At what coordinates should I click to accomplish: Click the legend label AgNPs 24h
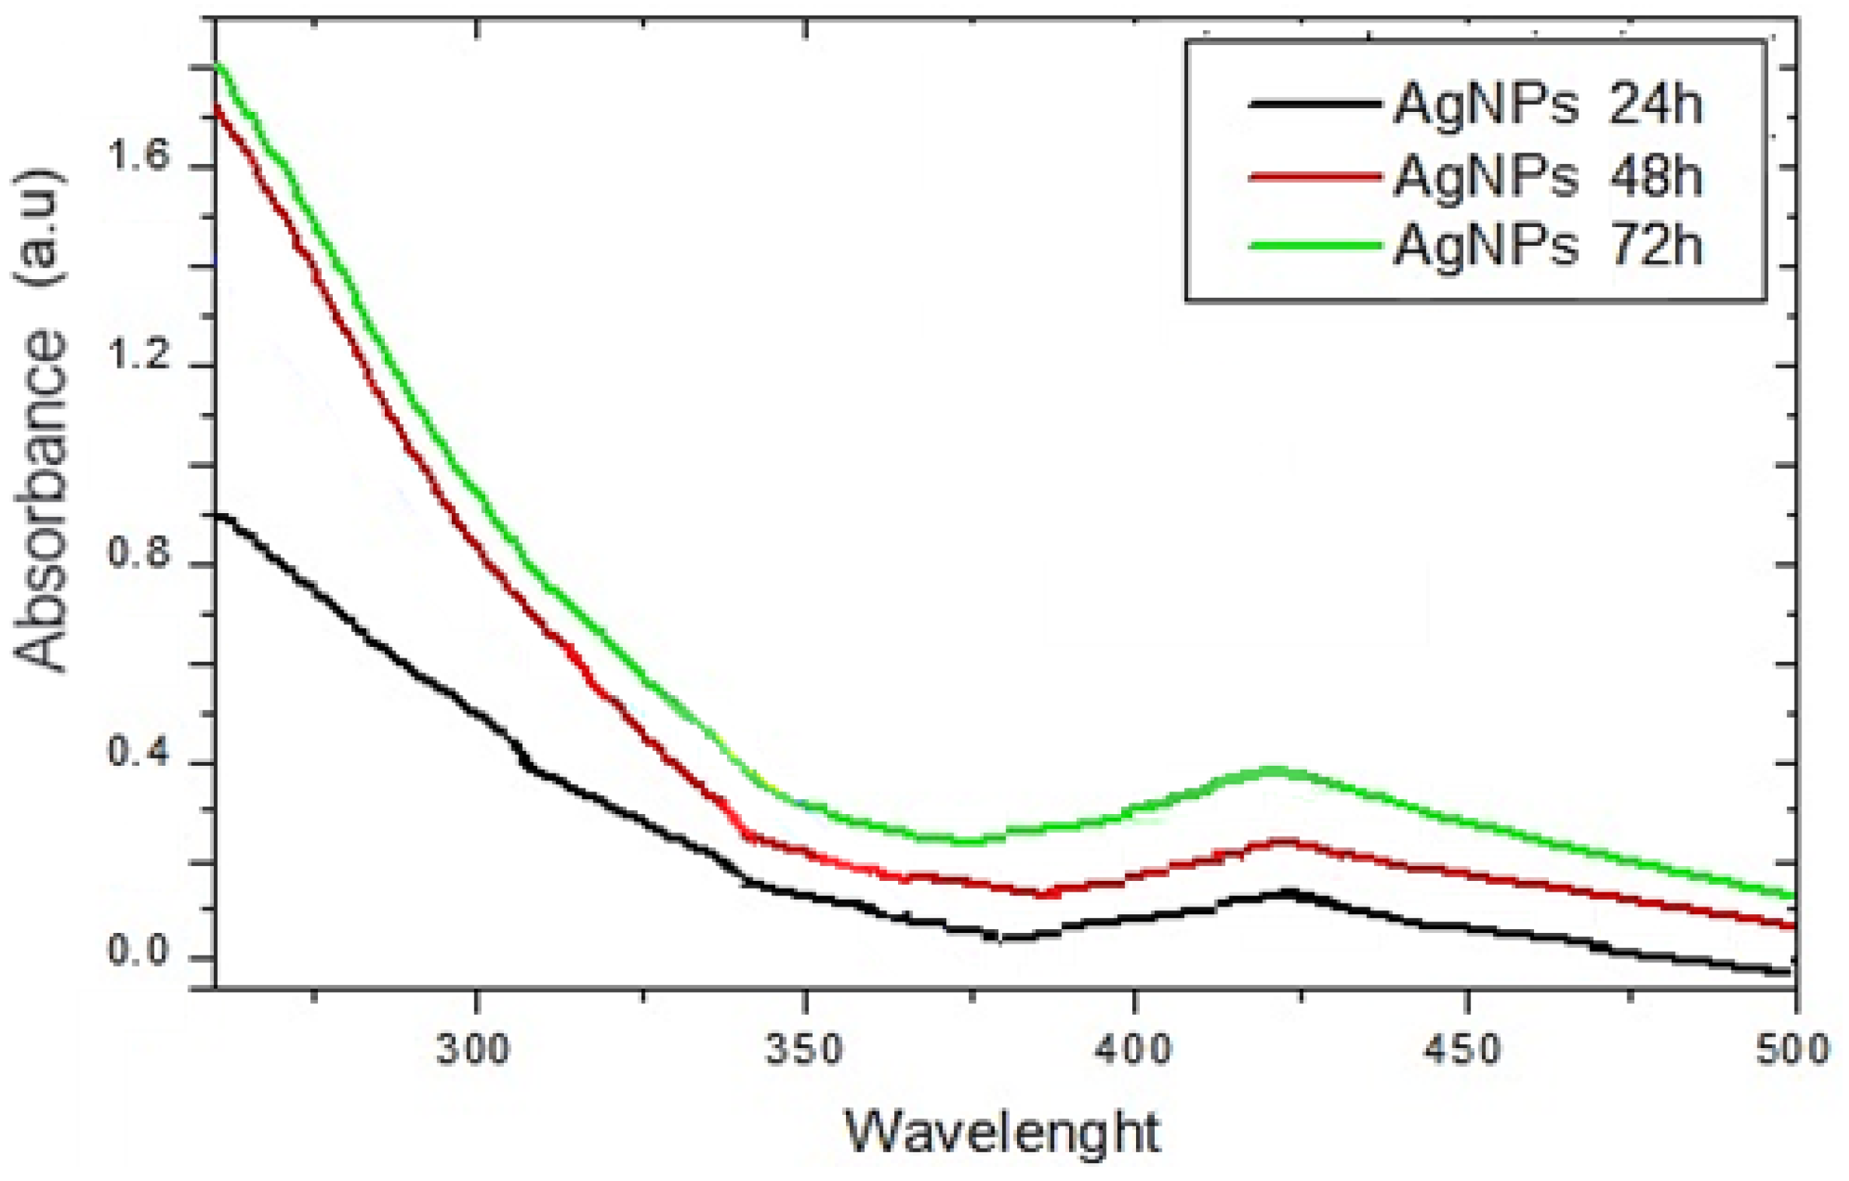tap(1547, 105)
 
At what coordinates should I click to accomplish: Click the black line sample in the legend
tap(1314, 103)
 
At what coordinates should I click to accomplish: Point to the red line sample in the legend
tap(1314, 176)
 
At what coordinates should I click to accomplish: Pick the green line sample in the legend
tap(1314, 246)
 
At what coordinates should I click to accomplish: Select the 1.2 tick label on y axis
tap(138, 357)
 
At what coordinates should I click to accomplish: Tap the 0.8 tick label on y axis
tap(138, 556)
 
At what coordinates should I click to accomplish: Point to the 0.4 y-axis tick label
tap(138, 753)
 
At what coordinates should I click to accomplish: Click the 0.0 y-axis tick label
tap(138, 952)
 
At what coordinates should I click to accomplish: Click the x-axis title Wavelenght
tap(1003, 1133)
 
